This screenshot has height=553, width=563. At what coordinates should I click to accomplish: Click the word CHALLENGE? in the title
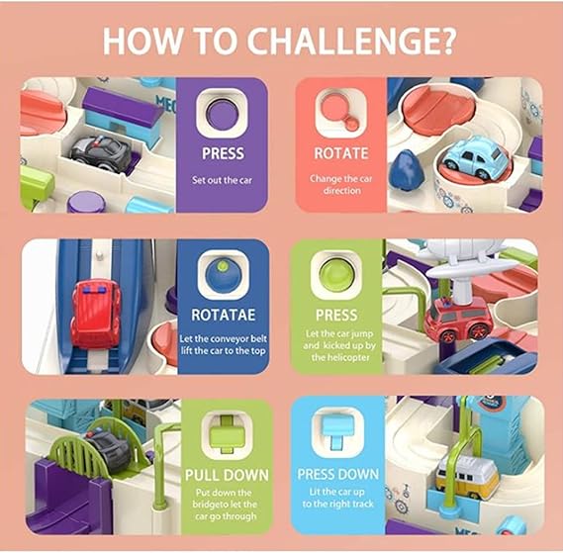352,41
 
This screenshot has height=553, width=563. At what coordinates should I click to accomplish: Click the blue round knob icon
223,275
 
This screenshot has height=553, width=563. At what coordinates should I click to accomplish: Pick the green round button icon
336,275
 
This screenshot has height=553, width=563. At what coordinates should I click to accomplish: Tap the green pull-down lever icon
227,434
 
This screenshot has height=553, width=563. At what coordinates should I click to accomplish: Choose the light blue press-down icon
336,431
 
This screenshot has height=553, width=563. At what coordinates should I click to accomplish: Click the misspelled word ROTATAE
224,315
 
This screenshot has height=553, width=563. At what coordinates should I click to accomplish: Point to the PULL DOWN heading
227,475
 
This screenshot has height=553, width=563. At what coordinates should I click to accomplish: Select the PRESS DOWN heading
337,474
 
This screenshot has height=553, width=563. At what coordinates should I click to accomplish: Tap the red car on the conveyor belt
95,314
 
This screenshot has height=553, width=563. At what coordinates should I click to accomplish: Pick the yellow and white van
467,476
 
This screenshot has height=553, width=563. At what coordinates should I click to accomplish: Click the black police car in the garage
100,153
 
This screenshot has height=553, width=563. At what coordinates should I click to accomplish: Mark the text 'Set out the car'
222,180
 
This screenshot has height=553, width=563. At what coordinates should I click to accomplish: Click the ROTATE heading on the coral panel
341,153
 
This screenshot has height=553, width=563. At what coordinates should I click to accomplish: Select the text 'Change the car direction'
341,184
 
